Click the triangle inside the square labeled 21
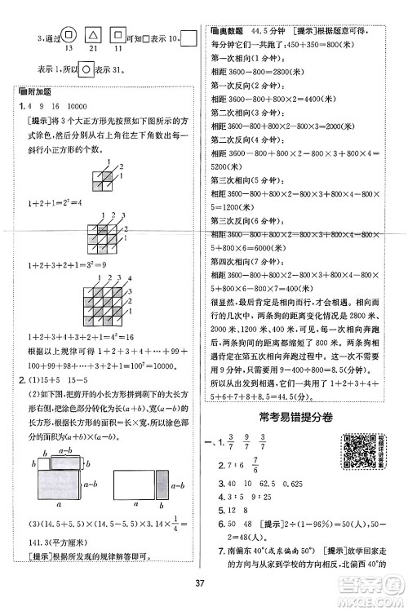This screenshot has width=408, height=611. [95, 36]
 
